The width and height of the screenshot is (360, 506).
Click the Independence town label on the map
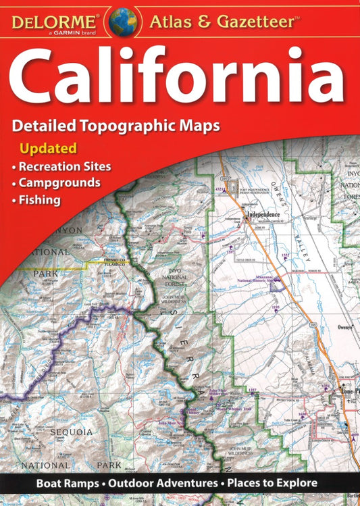point(263,216)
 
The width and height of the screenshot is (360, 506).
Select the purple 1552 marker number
point(285,255)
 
